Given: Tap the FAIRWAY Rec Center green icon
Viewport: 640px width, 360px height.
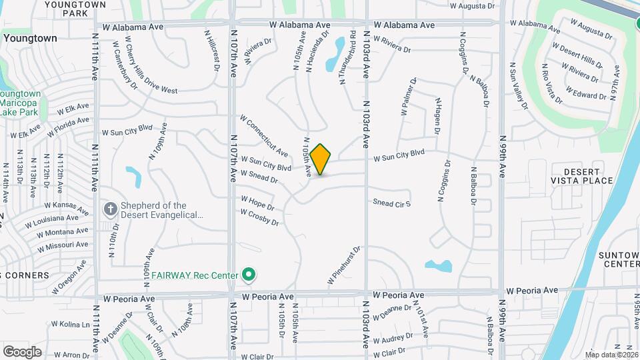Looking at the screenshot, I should (249, 274).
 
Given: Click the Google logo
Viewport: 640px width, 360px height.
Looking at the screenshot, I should (22, 351).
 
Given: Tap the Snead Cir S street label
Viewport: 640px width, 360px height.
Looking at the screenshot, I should (391, 203).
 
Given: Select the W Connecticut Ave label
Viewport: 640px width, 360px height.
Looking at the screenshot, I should (265, 135).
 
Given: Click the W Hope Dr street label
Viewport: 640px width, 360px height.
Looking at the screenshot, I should (257, 203).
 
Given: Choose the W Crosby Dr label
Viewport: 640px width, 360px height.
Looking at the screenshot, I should (260, 217).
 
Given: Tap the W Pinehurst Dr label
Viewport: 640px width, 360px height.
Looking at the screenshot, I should (343, 267).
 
